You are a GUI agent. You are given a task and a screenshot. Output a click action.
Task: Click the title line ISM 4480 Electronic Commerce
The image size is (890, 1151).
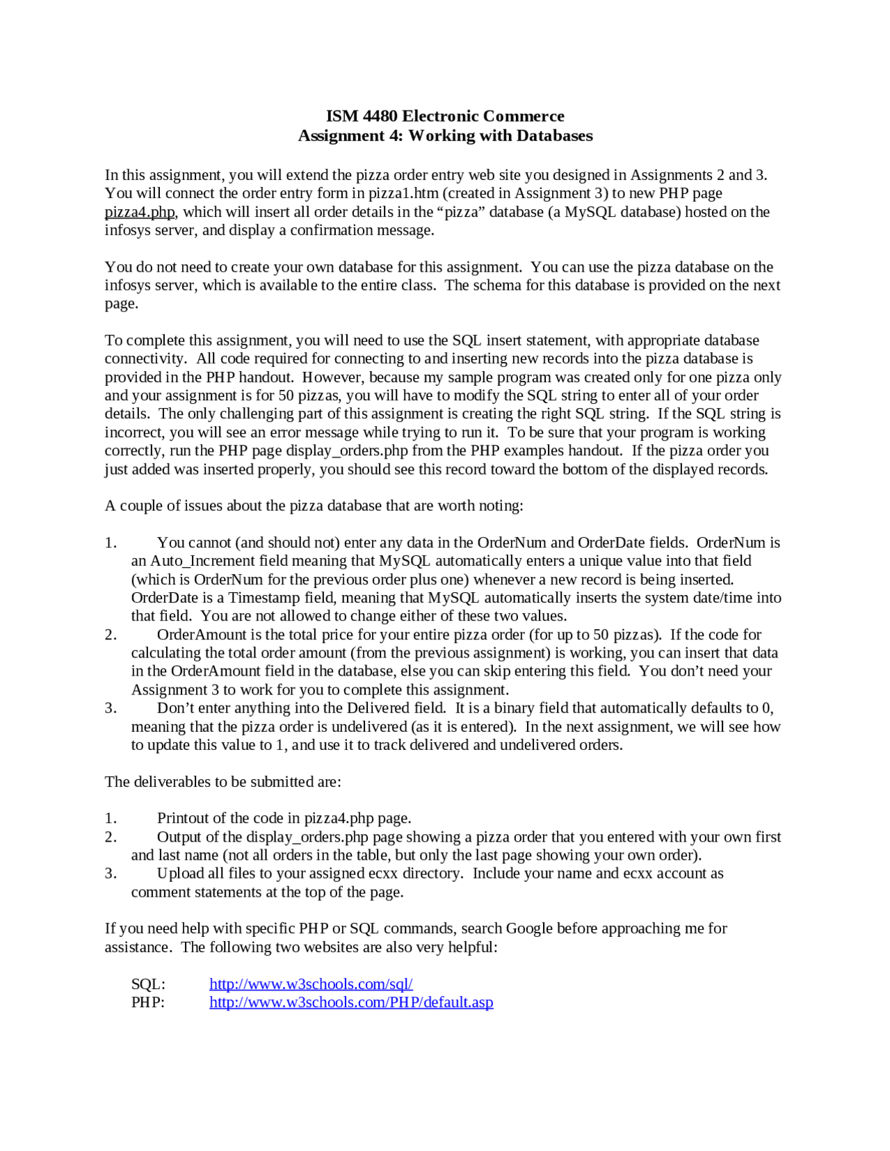tap(445, 116)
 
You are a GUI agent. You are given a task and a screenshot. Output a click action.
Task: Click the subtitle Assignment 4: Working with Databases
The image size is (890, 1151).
tap(445, 136)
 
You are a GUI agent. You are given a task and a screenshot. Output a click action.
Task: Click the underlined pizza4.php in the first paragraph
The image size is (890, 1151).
tap(140, 212)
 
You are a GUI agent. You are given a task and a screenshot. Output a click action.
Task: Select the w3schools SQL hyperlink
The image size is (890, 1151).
tap(311, 984)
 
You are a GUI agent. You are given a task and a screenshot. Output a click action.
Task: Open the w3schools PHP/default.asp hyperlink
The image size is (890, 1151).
tap(351, 1002)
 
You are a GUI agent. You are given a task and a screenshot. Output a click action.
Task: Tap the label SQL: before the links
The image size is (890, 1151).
tap(148, 984)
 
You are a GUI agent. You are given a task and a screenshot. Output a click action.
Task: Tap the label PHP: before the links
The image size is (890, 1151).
tap(148, 1002)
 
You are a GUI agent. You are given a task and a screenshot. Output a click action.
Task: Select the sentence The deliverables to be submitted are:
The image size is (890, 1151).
tap(222, 782)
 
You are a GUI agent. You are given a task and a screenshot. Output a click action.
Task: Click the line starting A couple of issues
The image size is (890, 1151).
tap(314, 506)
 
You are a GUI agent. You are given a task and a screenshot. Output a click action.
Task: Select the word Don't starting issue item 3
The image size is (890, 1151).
tap(175, 708)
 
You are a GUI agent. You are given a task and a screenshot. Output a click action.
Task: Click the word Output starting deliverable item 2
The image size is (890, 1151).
tap(179, 837)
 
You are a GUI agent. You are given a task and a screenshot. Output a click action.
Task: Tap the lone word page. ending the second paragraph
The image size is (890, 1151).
tap(122, 304)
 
